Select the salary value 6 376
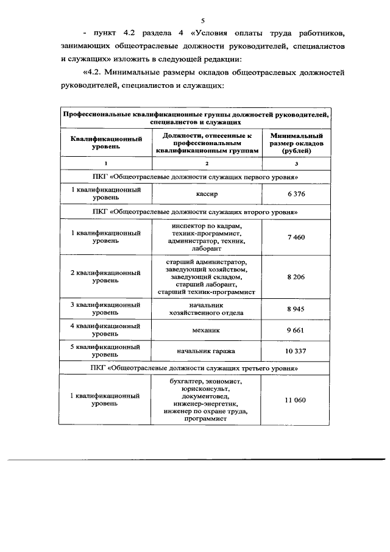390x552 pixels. (x=296, y=194)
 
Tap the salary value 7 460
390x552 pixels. (x=296, y=237)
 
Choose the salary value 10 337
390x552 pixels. (x=296, y=351)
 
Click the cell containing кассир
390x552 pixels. (x=207, y=194)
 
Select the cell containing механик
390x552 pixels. (x=207, y=330)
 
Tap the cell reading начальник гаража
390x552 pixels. (x=207, y=351)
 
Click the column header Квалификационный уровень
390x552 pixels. (x=106, y=143)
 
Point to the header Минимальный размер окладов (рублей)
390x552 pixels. (x=296, y=143)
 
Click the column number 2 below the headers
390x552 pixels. (x=207, y=164)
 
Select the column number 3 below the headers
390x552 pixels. (x=296, y=164)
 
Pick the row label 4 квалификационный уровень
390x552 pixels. (x=106, y=330)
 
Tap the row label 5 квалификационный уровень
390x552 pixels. (x=106, y=351)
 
